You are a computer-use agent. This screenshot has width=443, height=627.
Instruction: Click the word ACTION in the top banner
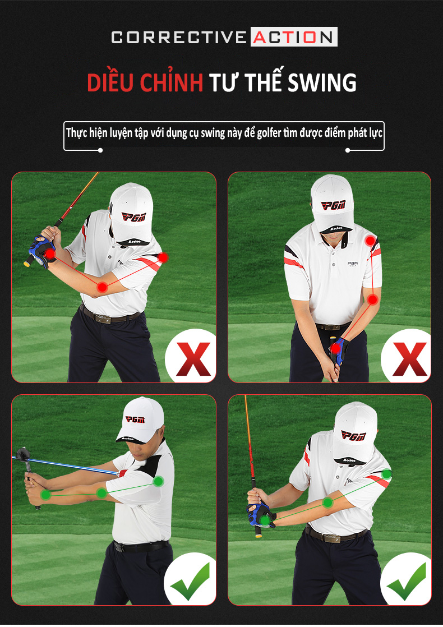click(293, 37)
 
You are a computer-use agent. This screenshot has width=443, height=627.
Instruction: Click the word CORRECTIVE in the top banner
click(179, 37)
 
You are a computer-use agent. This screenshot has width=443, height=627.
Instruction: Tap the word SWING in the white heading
click(322, 82)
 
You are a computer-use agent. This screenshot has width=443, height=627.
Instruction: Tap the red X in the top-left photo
click(193, 359)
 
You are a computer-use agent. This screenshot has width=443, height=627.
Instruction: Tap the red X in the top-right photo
click(409, 359)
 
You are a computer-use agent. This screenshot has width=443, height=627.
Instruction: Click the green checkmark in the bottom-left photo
click(190, 580)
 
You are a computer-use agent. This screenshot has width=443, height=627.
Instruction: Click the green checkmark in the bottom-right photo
click(406, 580)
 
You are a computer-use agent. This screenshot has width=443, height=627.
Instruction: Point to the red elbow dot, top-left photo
click(103, 287)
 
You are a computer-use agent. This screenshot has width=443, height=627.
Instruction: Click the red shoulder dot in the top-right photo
click(371, 241)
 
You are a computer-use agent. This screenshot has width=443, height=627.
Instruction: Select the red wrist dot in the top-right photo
click(335, 348)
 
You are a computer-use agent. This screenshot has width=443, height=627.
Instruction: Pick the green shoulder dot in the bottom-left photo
click(158, 481)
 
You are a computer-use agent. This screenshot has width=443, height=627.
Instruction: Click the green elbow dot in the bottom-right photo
click(328, 502)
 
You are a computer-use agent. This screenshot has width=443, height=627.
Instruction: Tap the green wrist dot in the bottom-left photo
click(45, 495)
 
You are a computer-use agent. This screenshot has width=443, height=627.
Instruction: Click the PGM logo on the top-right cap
click(333, 205)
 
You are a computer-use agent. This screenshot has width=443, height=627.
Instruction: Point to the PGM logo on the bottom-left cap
click(135, 419)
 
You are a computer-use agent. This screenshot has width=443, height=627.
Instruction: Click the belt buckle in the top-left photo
click(103, 319)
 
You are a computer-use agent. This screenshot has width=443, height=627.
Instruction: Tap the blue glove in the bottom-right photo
click(260, 515)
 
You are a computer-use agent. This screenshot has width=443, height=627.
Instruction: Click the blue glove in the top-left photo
click(41, 251)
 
